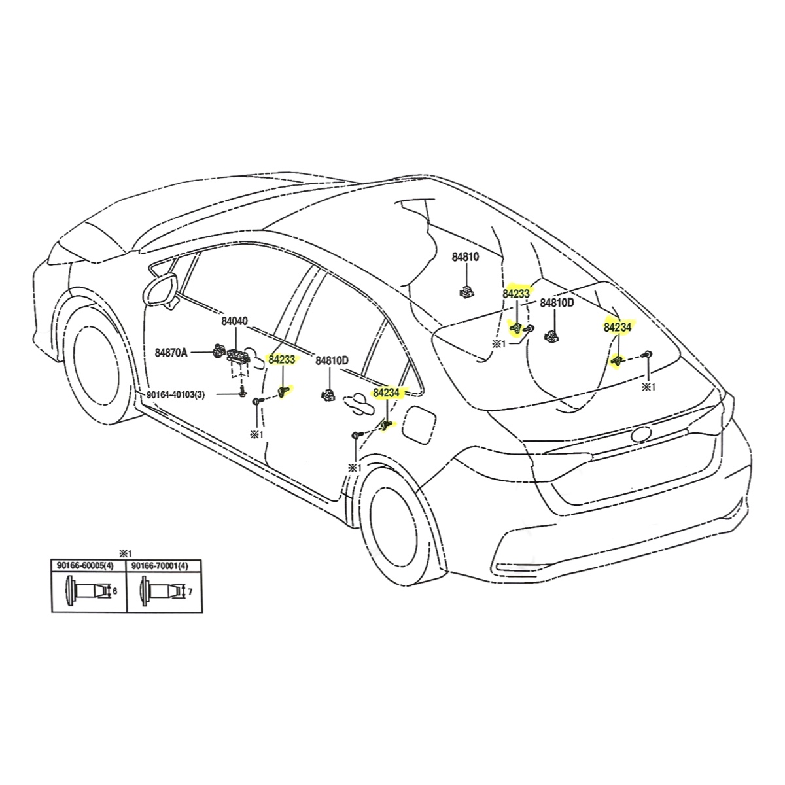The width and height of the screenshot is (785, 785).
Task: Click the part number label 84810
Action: coord(465,257)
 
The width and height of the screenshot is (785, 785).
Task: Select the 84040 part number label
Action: coord(234,321)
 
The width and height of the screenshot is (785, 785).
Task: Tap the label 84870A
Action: coord(171,353)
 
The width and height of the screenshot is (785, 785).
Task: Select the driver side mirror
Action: coord(163,288)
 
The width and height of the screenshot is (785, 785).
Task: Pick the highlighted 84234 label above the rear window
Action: coord(618,327)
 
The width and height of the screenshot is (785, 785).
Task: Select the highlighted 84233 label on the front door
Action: coord(282,359)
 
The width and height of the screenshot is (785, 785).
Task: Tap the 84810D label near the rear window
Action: coord(557,303)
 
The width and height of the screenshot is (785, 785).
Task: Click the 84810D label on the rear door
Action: coord(332,360)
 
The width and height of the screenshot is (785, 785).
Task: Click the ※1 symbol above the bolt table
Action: coord(125,551)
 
